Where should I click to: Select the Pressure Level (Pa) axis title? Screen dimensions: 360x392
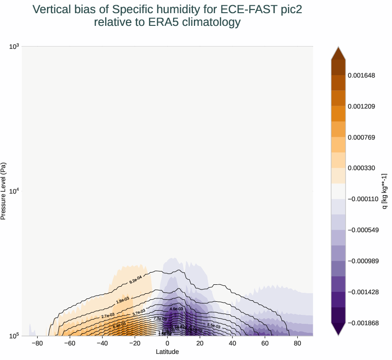click(x=4, y=191)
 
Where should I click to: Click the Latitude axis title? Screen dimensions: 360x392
click(x=167, y=352)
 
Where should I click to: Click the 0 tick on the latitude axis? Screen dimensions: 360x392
click(x=168, y=344)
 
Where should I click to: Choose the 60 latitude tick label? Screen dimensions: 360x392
click(x=265, y=344)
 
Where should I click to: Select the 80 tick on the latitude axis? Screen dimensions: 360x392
click(x=297, y=344)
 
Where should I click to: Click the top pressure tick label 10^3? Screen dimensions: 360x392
click(x=14, y=46)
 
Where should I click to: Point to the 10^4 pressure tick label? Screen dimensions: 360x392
click(x=14, y=191)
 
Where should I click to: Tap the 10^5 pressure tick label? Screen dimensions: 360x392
click(x=14, y=336)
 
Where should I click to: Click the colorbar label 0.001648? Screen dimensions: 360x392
click(x=361, y=75)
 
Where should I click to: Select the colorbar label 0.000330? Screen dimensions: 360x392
click(x=361, y=168)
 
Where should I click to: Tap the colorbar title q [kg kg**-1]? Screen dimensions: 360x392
click(x=384, y=191)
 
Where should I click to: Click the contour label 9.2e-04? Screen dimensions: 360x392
click(x=136, y=281)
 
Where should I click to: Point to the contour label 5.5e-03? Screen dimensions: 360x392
click(x=214, y=325)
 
